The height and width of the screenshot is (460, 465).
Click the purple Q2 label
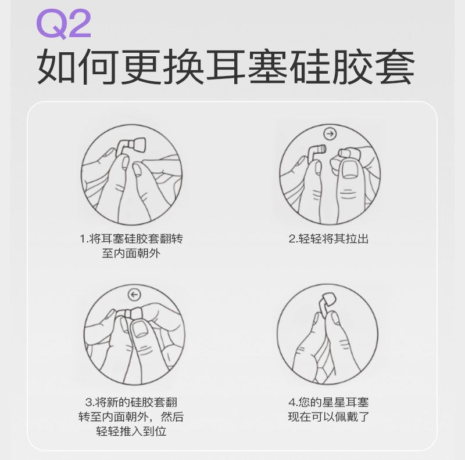coord(63,24)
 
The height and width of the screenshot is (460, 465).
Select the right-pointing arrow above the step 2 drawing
coord(330,134)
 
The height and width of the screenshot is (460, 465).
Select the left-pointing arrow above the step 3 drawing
coord(135,295)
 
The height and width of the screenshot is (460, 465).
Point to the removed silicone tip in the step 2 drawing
coord(345,153)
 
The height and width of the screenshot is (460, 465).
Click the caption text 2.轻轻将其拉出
coord(328,238)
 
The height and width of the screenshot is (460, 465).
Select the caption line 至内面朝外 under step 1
coord(131,253)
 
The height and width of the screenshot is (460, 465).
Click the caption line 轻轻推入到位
coord(131,431)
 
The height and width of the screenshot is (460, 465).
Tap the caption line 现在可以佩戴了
coord(328,416)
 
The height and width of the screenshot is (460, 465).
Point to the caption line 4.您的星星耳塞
coord(328,402)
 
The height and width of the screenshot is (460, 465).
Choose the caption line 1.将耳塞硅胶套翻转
coord(131,238)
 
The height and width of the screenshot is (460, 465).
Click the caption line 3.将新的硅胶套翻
coord(131,402)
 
